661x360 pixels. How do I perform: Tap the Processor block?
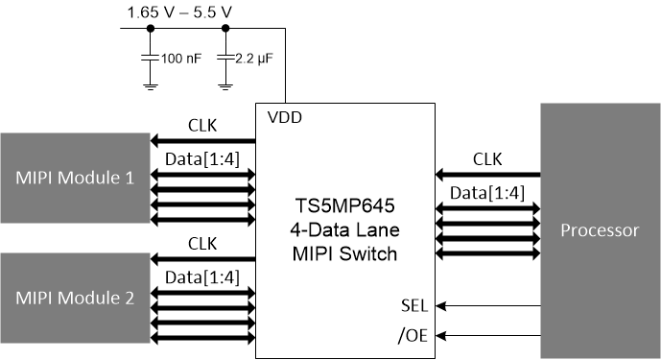coord(599,231)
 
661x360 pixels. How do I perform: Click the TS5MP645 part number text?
coord(348,205)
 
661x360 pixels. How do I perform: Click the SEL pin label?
coord(414,304)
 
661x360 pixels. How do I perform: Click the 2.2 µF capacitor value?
coord(255,59)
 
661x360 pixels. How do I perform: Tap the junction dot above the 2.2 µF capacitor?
coord(224,29)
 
